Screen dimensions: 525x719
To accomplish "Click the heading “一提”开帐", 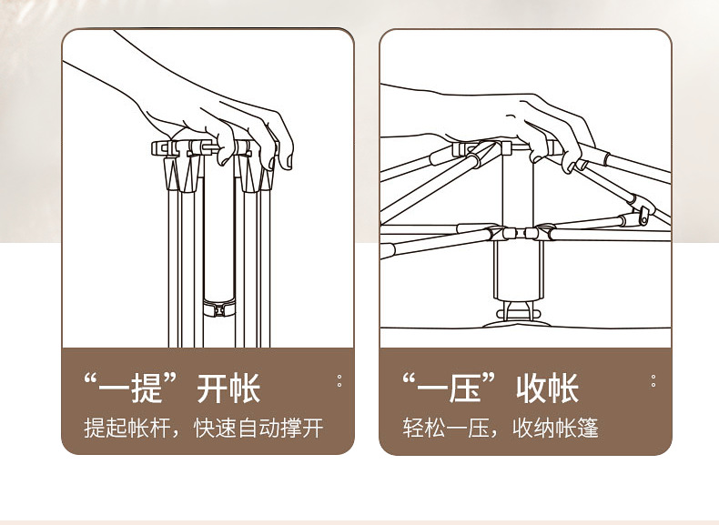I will point(172,389).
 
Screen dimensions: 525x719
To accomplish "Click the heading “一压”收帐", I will point(491,389).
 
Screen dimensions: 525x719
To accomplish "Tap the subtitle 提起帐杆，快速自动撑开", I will point(204,428).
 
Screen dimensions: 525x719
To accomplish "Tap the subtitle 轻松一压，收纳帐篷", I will point(501,428).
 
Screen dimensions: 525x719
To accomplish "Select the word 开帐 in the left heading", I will point(228,389).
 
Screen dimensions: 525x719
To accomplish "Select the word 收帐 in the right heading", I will point(547,389).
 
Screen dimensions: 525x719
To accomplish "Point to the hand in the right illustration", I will point(537,123).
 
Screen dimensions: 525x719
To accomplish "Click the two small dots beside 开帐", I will point(339,380).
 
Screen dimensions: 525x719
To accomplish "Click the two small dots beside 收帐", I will point(653,380).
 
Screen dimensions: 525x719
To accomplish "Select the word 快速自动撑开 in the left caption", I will point(258,428).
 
